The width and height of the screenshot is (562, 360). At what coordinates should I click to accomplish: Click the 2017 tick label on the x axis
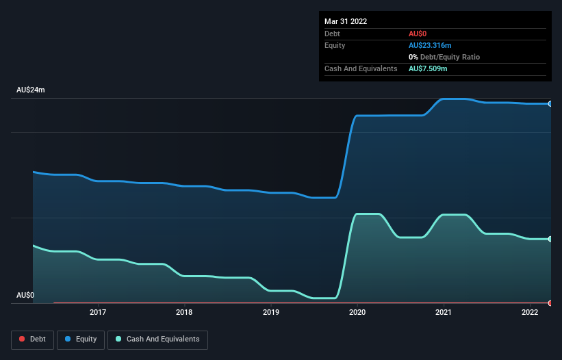pos(98,313)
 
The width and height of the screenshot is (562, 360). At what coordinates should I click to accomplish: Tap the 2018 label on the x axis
pos(184,313)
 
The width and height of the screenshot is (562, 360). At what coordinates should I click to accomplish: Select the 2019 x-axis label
pos(271,313)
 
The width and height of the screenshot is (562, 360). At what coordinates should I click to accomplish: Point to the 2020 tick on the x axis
pos(357,313)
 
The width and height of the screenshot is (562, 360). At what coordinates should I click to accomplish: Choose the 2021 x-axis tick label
pos(444,313)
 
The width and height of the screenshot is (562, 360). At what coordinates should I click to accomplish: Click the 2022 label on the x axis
pos(530,313)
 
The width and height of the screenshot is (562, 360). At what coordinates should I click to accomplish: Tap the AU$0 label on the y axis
pos(25,296)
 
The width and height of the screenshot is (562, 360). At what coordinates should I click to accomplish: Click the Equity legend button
pos(81,339)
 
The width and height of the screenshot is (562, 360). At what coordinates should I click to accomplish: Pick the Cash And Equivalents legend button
pos(157,339)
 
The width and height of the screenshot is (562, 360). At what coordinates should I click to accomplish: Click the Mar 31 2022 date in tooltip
pos(346,21)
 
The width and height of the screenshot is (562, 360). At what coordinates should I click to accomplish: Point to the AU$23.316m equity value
pos(430,45)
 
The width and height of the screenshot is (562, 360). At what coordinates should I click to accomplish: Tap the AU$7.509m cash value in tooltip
pos(428,68)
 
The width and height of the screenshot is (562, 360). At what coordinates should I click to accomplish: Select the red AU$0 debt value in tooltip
pos(418,34)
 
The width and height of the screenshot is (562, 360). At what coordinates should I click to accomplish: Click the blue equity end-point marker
pos(550,103)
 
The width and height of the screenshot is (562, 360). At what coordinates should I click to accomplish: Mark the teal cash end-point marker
pos(550,239)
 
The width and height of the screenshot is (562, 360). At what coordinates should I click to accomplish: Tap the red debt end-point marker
pos(550,303)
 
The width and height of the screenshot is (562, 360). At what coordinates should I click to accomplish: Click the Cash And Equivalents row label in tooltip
pos(361,68)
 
